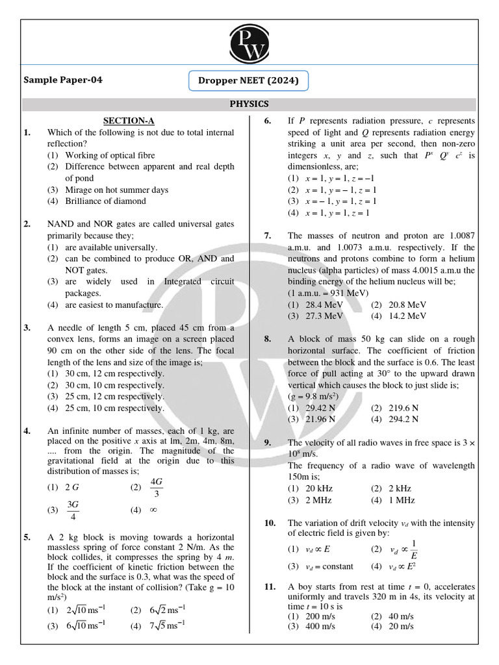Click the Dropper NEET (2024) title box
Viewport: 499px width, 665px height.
pyautogui.click(x=249, y=81)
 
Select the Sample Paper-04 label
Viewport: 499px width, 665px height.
pyautogui.click(x=63, y=81)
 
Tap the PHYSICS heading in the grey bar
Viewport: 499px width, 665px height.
pyautogui.click(x=249, y=104)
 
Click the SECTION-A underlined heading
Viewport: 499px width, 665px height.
pyautogui.click(x=129, y=120)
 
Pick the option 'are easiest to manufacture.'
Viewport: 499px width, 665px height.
pyautogui.click(x=114, y=305)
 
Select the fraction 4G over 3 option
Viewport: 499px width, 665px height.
pyautogui.click(x=156, y=486)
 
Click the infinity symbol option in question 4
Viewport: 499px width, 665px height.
pyautogui.click(x=153, y=510)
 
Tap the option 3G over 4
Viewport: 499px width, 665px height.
pyautogui.click(x=72, y=510)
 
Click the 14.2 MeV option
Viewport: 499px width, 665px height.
pyautogui.click(x=407, y=316)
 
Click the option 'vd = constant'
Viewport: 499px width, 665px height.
pyautogui.click(x=330, y=566)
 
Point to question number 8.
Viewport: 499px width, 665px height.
pyautogui.click(x=268, y=339)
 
